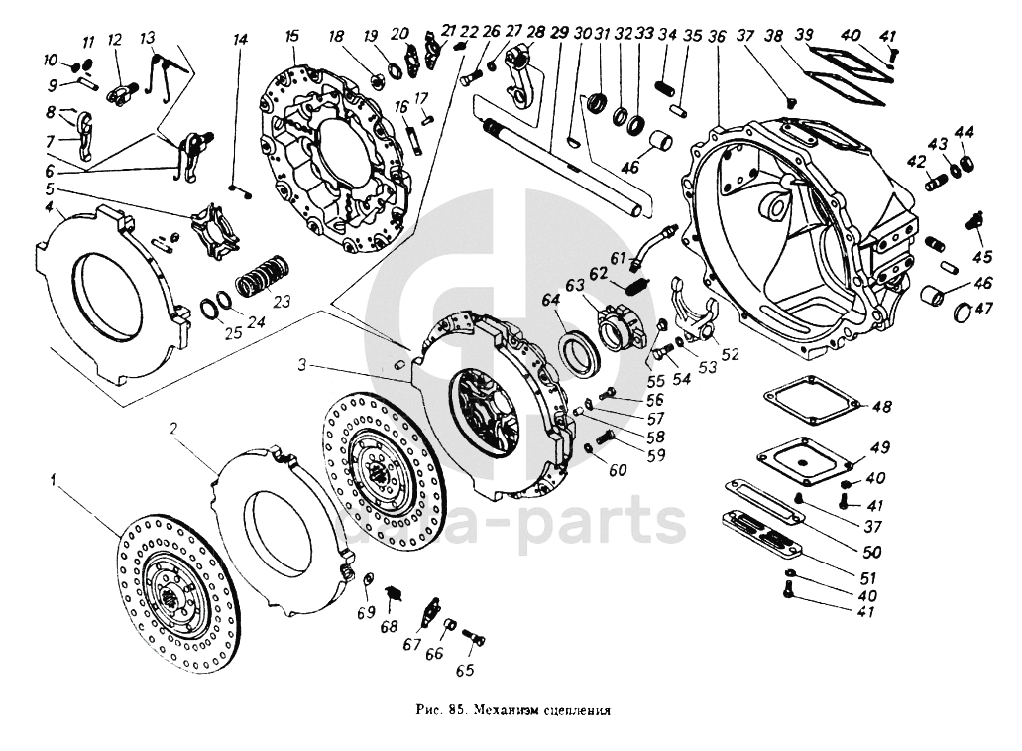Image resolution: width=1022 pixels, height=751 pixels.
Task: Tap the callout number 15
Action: [x=291, y=36]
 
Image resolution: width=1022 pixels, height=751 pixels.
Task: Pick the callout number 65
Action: [x=464, y=671]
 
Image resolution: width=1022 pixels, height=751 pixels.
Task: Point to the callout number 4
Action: [x=48, y=206]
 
